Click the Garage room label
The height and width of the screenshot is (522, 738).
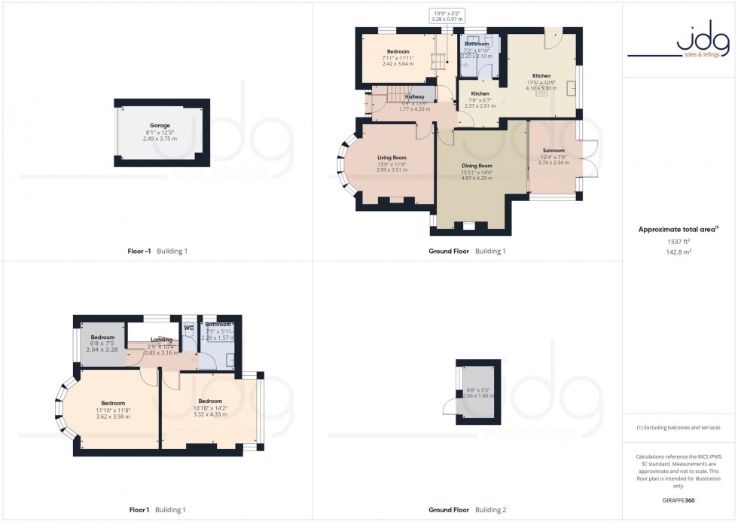pyautogui.click(x=159, y=126)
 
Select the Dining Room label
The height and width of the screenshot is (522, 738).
pyautogui.click(x=476, y=166)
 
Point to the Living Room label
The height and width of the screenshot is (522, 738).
pyautogui.click(x=392, y=157)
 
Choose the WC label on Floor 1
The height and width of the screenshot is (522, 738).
pyautogui.click(x=188, y=328)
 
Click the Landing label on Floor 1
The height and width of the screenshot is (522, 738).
pyautogui.click(x=161, y=340)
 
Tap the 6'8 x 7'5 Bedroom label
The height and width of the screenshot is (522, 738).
pyautogui.click(x=102, y=337)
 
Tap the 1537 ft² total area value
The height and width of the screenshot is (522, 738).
pyautogui.click(x=679, y=241)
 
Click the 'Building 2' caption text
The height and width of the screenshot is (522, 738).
pyautogui.click(x=490, y=510)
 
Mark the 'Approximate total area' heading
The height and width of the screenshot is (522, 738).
pyautogui.click(x=677, y=229)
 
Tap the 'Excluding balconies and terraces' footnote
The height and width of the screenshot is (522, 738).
pyautogui.click(x=679, y=428)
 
